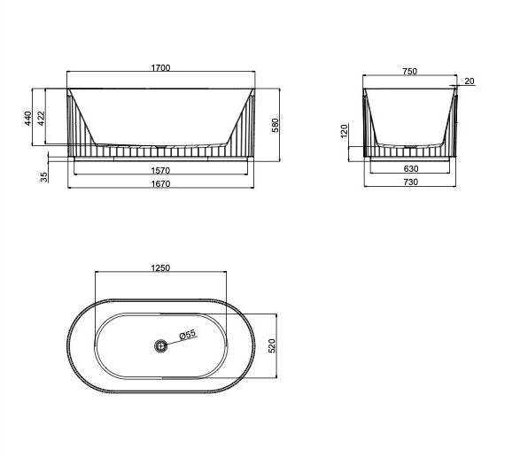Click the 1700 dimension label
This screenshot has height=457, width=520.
(160, 67)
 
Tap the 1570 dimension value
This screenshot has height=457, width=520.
(160, 170)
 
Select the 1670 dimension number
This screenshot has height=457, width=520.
(161, 183)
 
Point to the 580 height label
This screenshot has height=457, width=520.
(276, 126)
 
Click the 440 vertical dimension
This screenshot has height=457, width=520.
(28, 119)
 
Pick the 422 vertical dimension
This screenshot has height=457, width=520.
(41, 119)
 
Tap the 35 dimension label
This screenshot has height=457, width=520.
(44, 177)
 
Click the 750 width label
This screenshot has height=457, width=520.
(410, 72)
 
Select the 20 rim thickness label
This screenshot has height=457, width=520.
(470, 81)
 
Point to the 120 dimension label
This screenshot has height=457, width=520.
(345, 131)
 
